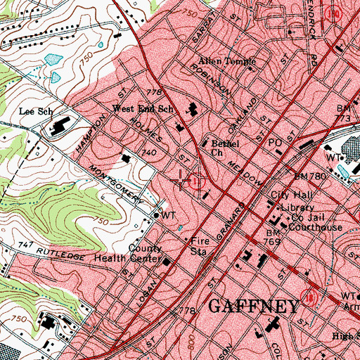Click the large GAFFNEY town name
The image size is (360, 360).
[x=257, y=306]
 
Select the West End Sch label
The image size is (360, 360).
[x=143, y=109]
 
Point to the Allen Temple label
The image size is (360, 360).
[x=224, y=62]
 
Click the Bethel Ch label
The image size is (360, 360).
[x=226, y=144]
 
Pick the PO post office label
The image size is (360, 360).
[x=276, y=142]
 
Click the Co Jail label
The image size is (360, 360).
[x=305, y=218]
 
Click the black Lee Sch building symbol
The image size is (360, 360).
[x=56, y=128]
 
